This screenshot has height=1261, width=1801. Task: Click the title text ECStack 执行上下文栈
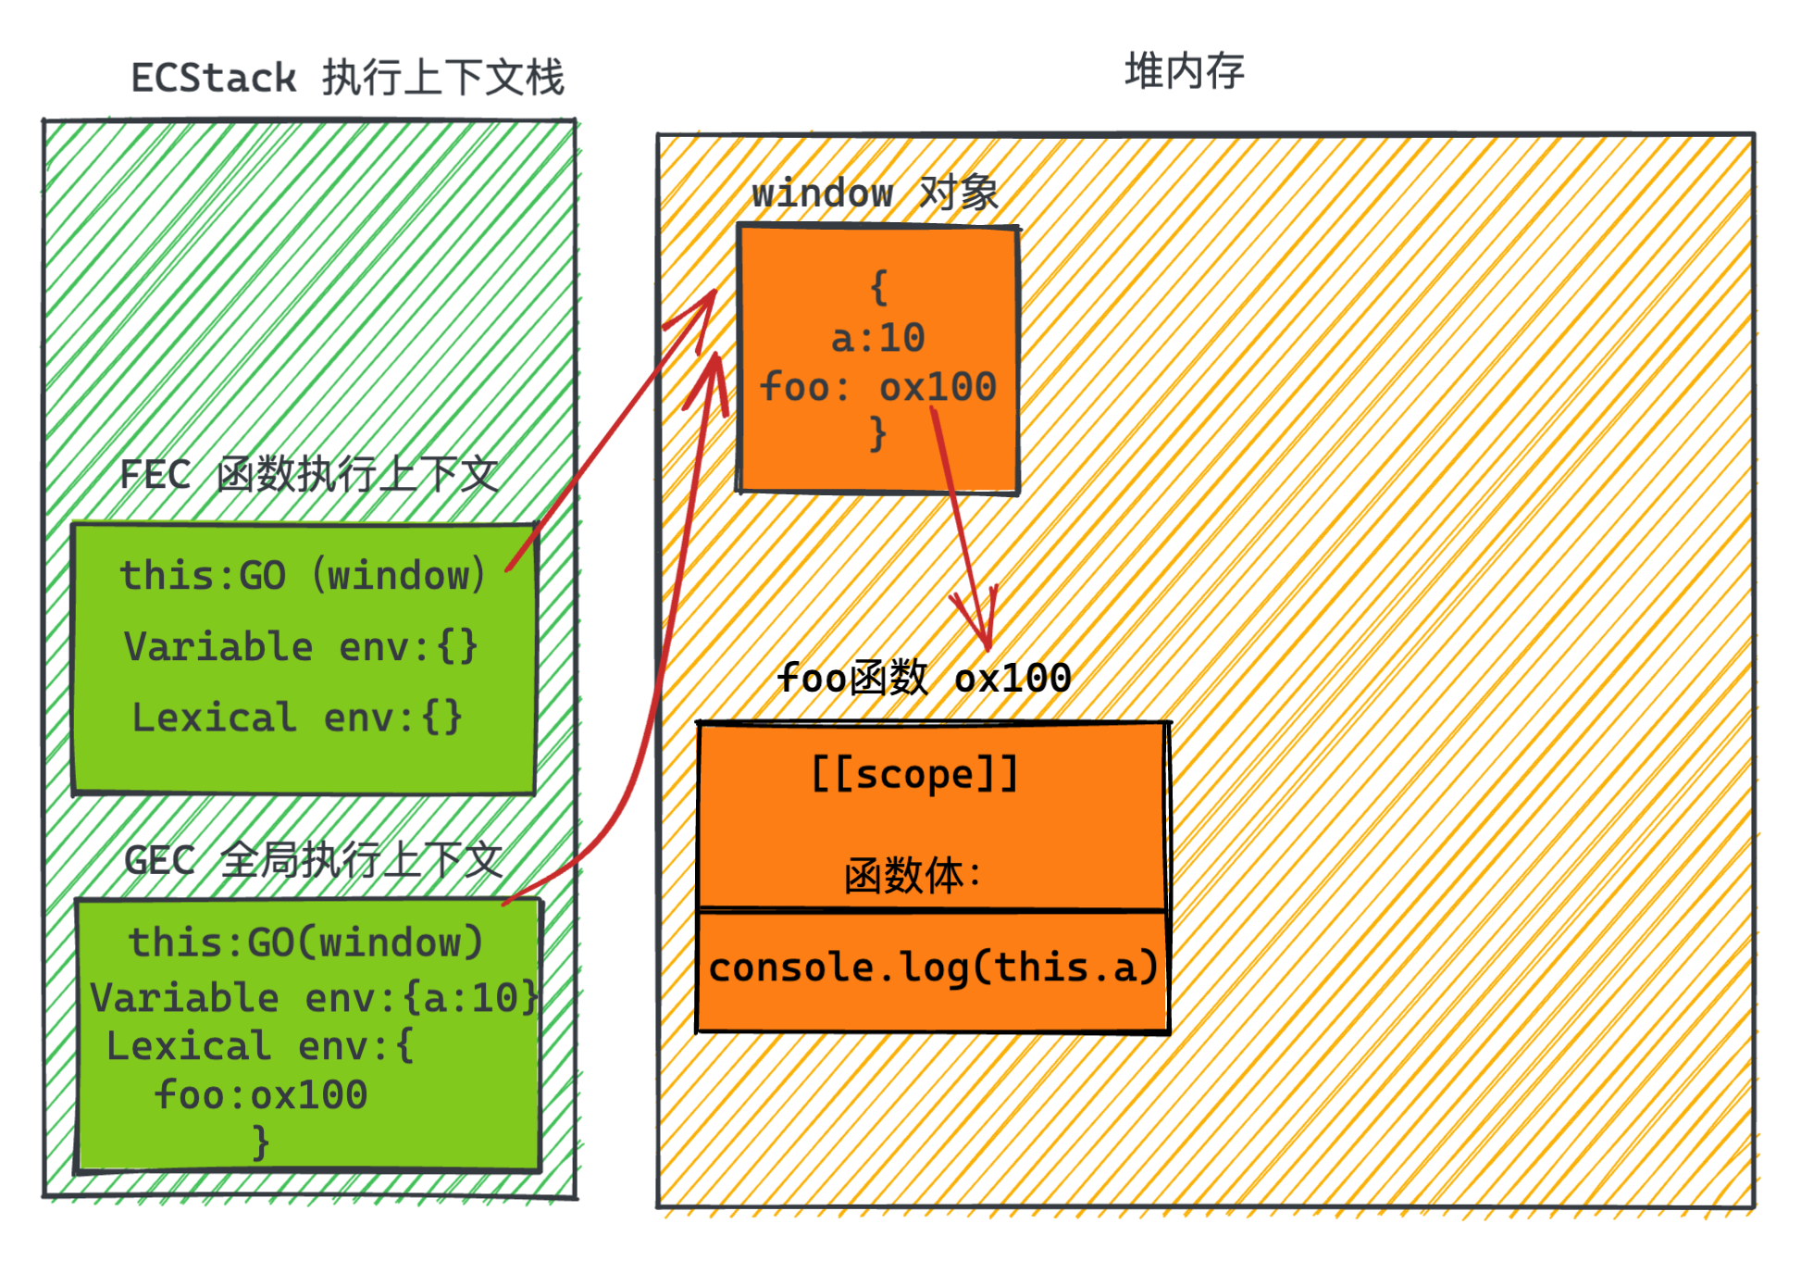347,78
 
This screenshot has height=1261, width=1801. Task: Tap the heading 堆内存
1184,71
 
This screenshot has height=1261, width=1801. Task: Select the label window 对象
875,194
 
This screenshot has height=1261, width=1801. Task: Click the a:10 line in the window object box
877,338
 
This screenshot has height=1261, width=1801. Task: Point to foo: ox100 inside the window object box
877,387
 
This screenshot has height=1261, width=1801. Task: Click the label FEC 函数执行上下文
308,475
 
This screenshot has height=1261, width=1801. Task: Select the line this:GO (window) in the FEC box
303,576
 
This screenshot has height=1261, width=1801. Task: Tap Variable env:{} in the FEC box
301,646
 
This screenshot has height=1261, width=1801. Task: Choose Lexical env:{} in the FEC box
297,718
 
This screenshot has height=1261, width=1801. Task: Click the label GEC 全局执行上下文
313,860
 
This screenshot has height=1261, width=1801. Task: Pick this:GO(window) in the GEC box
305,943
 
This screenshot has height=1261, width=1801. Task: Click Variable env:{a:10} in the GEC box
314,998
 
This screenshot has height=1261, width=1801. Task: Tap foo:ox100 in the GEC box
261,1095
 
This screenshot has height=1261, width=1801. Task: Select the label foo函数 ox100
924,679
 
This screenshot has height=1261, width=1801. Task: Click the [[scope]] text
914,774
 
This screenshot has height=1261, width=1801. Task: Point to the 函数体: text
913,875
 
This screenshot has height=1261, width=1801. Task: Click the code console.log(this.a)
933,968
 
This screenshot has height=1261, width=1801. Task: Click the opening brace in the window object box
878,288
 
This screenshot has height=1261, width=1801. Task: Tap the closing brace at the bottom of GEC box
261,1142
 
